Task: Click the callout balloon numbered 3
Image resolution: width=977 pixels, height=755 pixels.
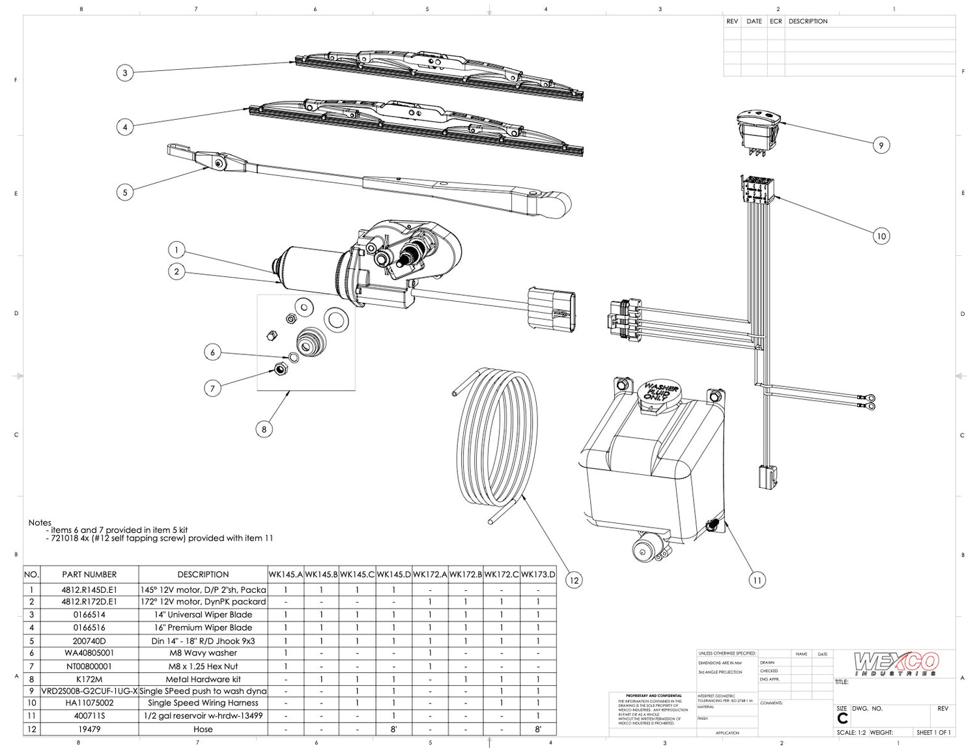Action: point(125,72)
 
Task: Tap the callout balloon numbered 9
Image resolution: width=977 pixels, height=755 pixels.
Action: point(881,145)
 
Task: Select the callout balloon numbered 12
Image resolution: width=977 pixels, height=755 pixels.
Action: point(573,580)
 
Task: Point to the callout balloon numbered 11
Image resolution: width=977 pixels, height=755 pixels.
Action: point(757,580)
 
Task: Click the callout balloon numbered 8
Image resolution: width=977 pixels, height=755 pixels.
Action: point(264,429)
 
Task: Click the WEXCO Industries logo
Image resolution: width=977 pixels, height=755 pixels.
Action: point(896,664)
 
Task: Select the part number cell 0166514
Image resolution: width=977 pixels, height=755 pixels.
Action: point(89,614)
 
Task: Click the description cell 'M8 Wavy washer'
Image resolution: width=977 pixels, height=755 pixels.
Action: point(203,653)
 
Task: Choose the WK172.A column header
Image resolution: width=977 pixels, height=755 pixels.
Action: point(430,575)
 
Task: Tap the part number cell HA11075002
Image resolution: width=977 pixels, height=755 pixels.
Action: point(89,703)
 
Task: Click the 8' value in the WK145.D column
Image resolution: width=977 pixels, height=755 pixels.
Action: point(393,730)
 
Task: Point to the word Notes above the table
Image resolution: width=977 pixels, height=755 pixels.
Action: point(40,522)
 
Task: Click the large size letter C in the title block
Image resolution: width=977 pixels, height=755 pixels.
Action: point(842,719)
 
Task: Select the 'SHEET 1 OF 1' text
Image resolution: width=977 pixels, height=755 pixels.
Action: point(933,733)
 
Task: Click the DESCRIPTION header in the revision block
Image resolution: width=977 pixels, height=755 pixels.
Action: point(808,21)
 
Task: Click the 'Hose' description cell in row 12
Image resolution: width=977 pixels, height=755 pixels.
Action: point(203,730)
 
